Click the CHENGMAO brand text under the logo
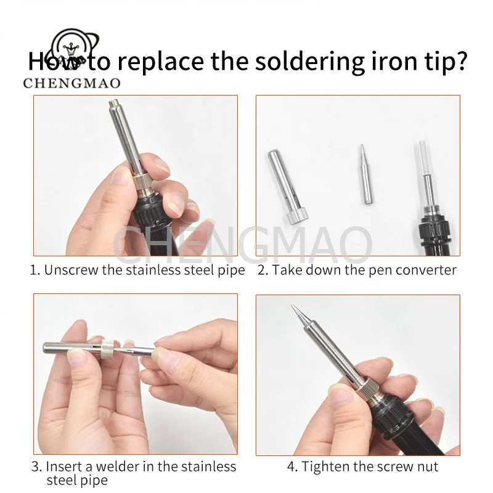click(x=71, y=83)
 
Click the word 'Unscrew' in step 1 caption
click(x=71, y=270)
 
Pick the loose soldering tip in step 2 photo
click(x=365, y=174)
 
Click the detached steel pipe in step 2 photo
click(x=287, y=187)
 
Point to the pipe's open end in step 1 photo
click(x=113, y=102)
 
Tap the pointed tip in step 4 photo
click(x=293, y=307)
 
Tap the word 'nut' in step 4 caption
click(x=428, y=467)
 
